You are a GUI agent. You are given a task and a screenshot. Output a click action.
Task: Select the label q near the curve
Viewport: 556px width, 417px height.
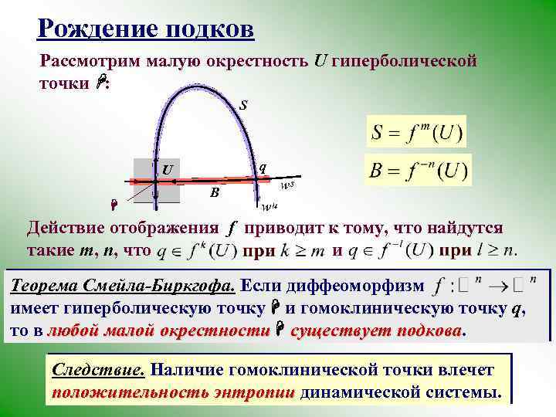click(263, 166)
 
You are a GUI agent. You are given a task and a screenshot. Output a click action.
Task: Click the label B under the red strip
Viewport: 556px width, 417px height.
click(215, 193)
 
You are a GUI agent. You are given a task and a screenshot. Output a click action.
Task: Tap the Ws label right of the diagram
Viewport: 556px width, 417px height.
click(287, 185)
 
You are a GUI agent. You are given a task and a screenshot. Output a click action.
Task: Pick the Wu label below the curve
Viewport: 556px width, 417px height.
click(269, 207)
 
